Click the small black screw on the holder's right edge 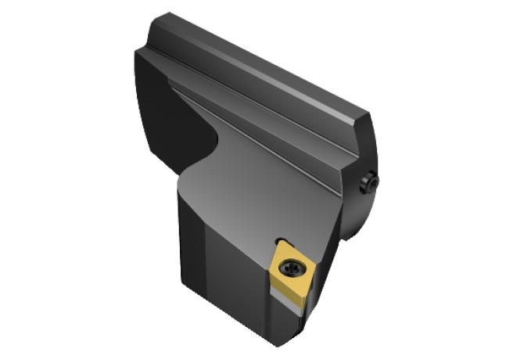coord(368,184)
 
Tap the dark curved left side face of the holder coord(160,110)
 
